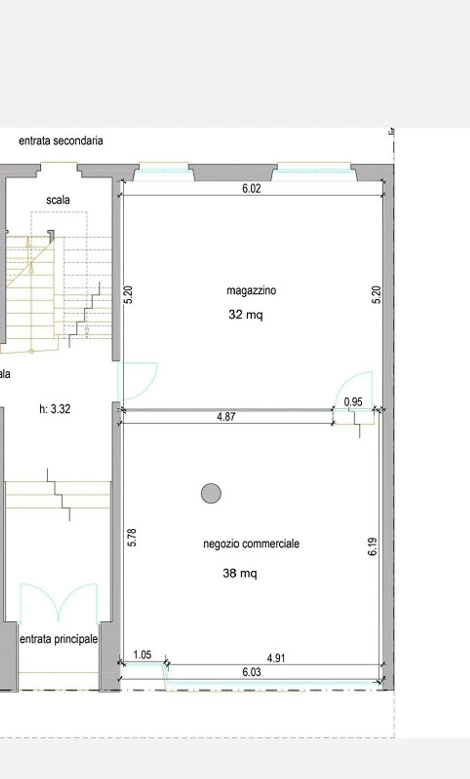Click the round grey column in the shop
click(211, 493)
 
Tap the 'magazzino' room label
click(251, 290)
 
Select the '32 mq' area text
click(245, 315)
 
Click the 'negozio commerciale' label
click(251, 544)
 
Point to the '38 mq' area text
click(240, 573)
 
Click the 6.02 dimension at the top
click(251, 188)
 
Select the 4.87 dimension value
click(226, 417)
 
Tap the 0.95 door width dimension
click(353, 402)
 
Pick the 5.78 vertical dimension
click(132, 537)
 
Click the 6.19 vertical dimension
click(372, 547)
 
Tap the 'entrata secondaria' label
click(61, 141)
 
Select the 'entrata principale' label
click(59, 639)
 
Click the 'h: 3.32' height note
click(55, 409)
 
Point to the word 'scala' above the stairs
click(58, 200)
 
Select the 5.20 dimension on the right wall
click(376, 295)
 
